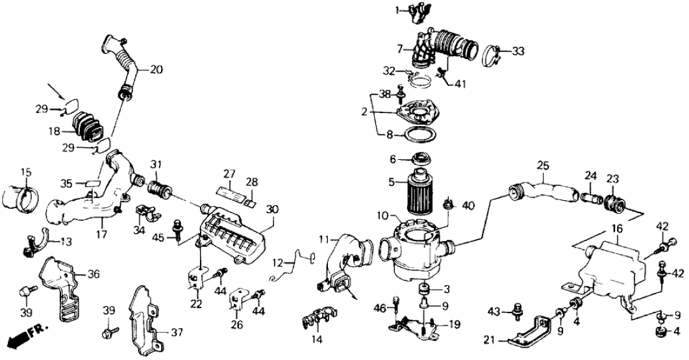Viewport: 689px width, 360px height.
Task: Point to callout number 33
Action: (518, 50)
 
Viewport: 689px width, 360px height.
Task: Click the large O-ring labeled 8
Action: (420, 138)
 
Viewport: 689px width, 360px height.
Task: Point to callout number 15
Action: (25, 172)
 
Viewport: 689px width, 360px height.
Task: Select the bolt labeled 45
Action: (177, 228)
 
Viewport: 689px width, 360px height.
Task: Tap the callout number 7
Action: (400, 47)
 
